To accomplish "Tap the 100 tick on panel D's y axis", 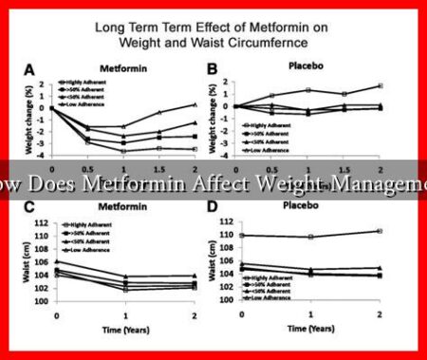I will coord(225,301).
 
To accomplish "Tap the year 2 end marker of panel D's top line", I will coord(380,231).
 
